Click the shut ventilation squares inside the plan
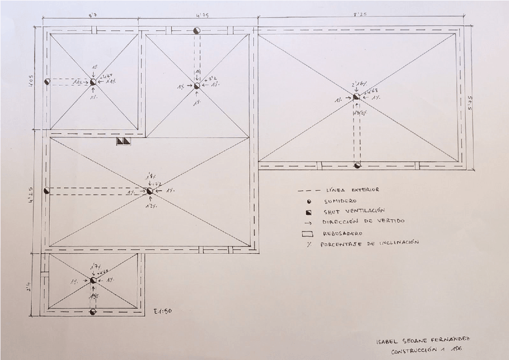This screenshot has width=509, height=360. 122,142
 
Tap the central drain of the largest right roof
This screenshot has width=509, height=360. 356,96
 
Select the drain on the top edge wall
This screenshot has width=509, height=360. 197,30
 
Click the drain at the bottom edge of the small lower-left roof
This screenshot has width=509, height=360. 92,311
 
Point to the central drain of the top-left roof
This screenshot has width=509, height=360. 93,82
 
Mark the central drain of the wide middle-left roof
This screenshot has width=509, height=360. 149,191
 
